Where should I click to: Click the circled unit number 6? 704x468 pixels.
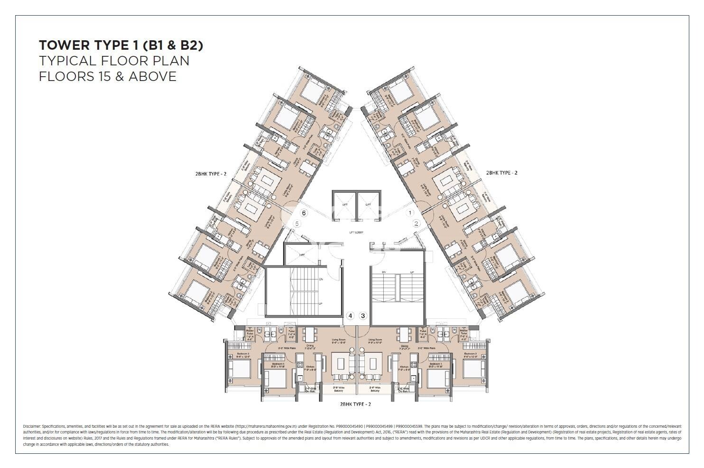[304, 213]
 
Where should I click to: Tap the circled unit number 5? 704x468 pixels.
[297, 223]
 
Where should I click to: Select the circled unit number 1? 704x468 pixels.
[411, 213]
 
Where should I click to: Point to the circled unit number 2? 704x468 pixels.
[417, 224]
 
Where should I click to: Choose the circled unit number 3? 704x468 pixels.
[363, 315]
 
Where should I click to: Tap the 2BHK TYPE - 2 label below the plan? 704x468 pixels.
[355, 404]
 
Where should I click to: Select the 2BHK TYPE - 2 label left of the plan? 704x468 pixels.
[211, 174]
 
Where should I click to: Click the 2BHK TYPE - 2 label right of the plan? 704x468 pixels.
[502, 173]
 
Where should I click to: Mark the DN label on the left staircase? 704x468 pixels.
[321, 279]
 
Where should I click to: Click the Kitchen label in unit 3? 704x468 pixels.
[404, 367]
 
